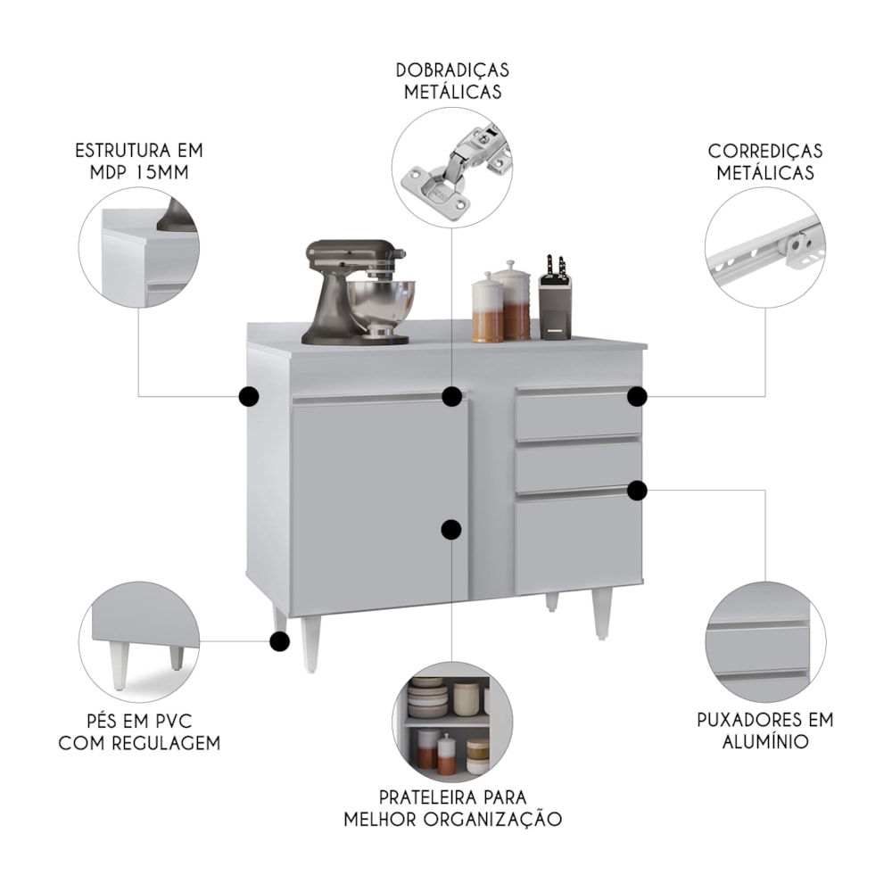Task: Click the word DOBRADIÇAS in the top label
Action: tap(452, 70)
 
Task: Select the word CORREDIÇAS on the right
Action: tap(765, 152)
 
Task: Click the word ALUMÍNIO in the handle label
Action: tap(765, 742)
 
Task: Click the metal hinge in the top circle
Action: tap(455, 165)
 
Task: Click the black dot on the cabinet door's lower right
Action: tap(451, 530)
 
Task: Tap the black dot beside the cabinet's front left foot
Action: tap(278, 641)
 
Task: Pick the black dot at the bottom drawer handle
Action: tap(637, 491)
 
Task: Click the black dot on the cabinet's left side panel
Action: tap(249, 397)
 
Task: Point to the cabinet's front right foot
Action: tap(602, 615)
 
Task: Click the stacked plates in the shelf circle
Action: tap(428, 697)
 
